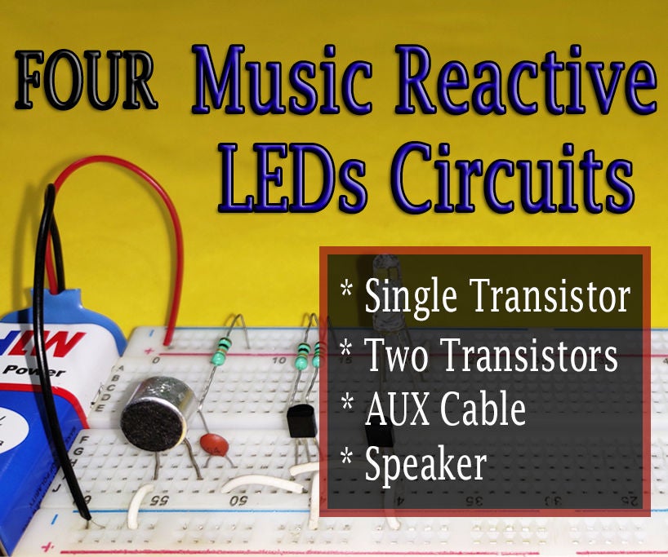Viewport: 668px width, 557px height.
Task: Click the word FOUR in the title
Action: pos(86,83)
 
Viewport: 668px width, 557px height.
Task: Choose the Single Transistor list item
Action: pos(497,298)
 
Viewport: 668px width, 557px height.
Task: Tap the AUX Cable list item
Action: pos(445,410)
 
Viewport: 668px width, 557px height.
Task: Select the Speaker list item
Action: pos(425,465)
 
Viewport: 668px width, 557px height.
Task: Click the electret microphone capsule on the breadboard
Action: pos(157,414)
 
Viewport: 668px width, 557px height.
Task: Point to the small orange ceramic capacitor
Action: pos(215,443)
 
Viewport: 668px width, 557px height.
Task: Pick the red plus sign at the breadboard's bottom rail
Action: pos(33,544)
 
